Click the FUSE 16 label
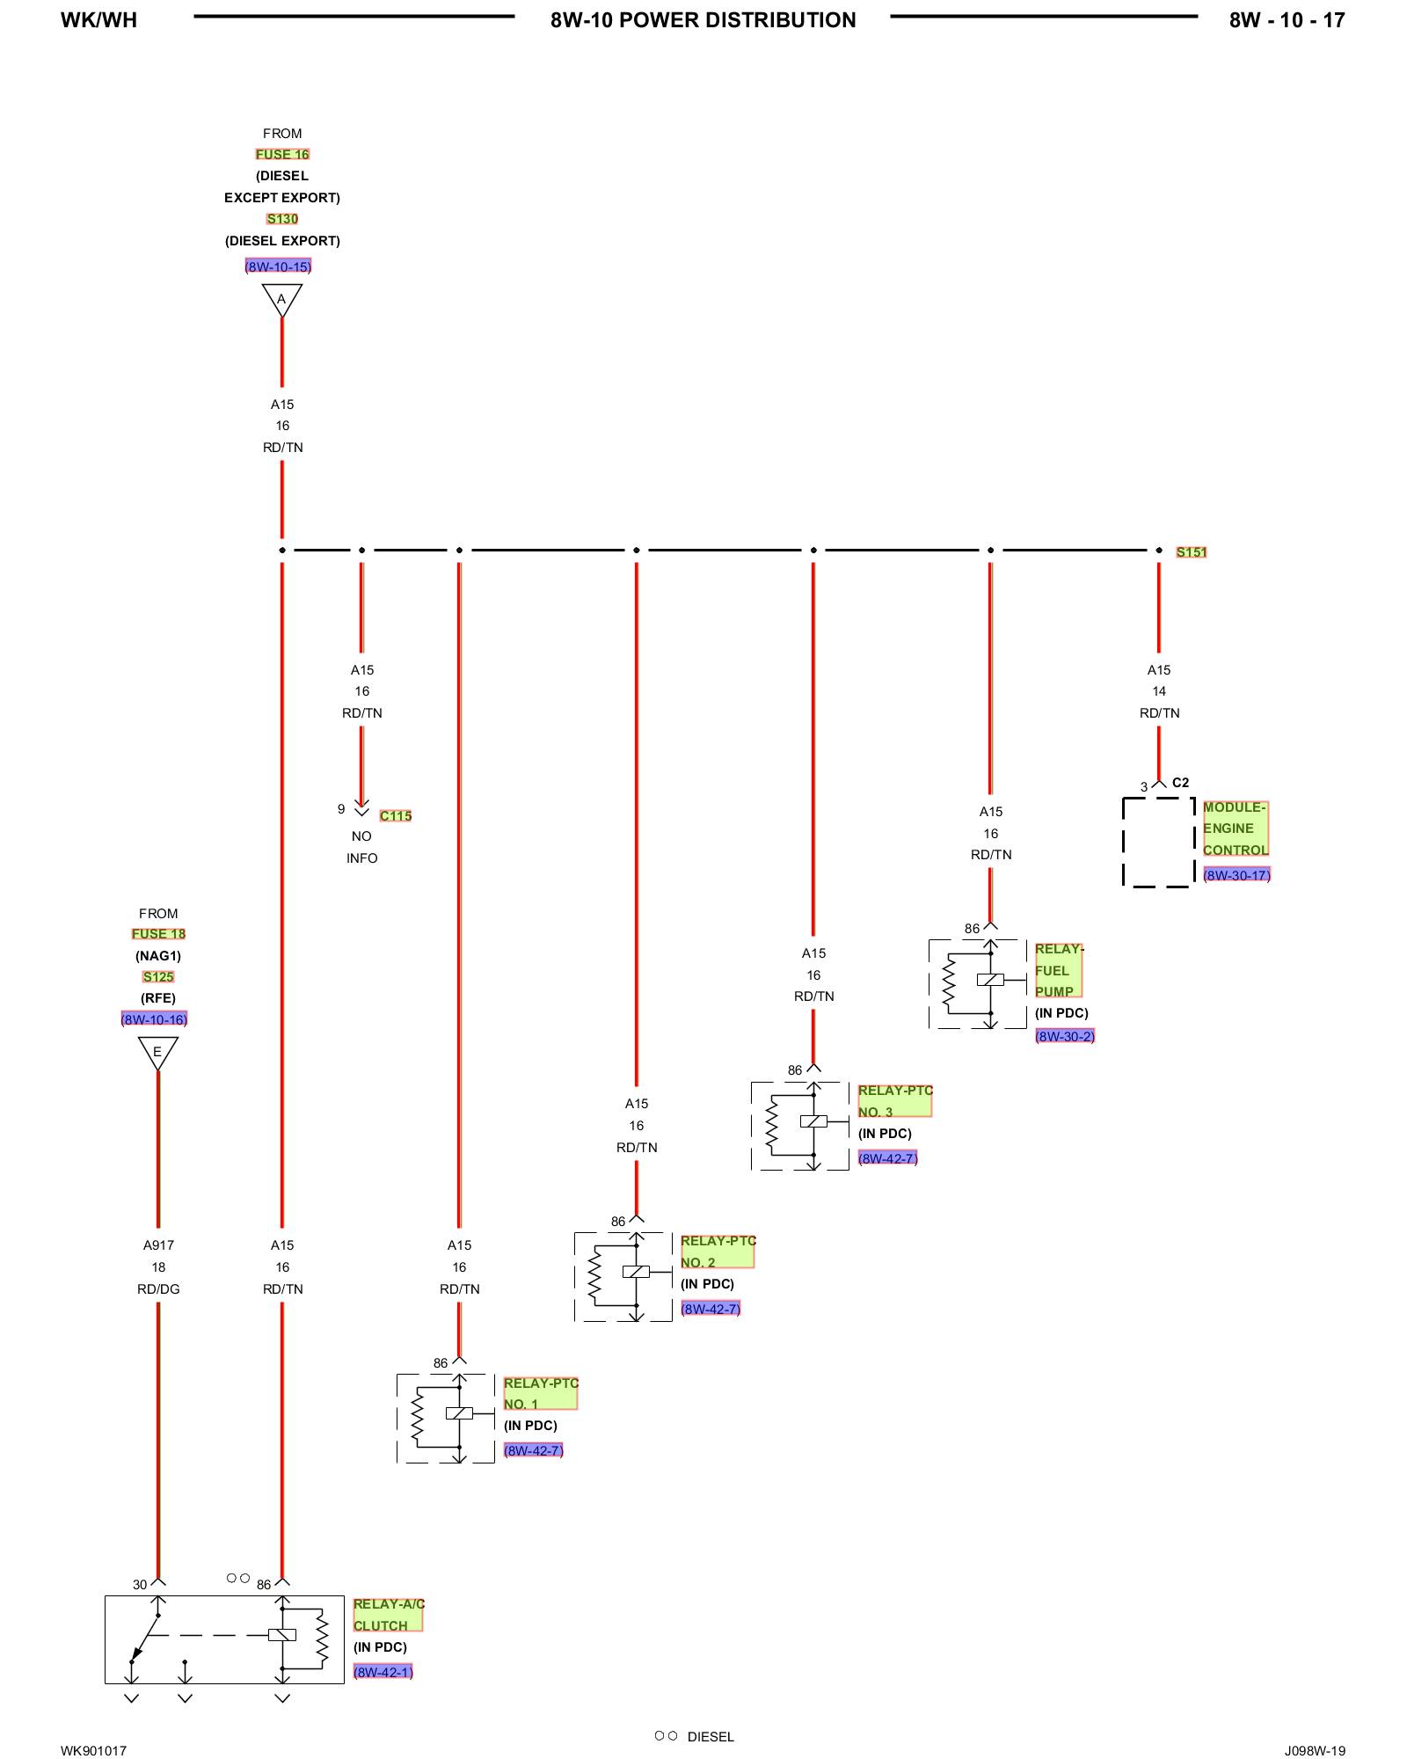point(282,154)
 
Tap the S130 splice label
point(282,219)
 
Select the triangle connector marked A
point(281,299)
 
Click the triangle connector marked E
point(158,1052)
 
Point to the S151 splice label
point(1192,552)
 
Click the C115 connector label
point(396,816)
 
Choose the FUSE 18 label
point(158,934)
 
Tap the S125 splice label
point(158,977)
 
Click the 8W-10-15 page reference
point(278,266)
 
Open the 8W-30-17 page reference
point(1236,875)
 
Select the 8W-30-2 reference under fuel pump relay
point(1065,1036)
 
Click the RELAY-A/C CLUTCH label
point(388,1615)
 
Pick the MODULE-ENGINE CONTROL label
point(1235,828)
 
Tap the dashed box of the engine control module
point(1158,842)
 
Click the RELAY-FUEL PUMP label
point(1058,970)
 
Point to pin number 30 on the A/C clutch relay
point(140,1585)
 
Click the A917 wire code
point(158,1245)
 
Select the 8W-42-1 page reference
point(383,1672)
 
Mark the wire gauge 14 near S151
point(1159,691)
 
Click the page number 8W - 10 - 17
point(1287,20)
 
